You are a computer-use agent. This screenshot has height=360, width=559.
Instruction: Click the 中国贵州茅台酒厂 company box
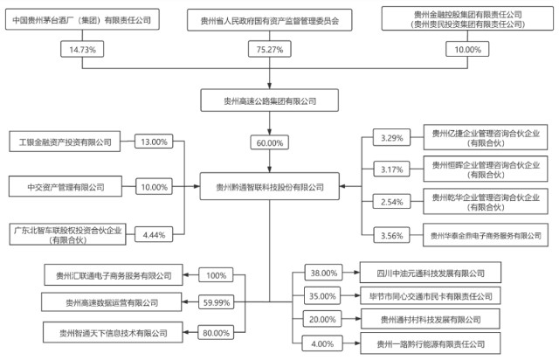pyautogui.click(x=82, y=19)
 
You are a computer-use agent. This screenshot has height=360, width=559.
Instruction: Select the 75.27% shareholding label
pyautogui.click(x=270, y=49)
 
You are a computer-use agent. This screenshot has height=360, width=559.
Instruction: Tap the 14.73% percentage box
pyautogui.click(x=82, y=49)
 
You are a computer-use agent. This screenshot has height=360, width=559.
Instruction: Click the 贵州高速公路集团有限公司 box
pyautogui.click(x=270, y=100)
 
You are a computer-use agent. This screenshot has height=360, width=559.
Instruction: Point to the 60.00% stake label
pyautogui.click(x=270, y=142)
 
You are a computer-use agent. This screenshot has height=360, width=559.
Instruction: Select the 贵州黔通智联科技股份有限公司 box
pyautogui.click(x=270, y=186)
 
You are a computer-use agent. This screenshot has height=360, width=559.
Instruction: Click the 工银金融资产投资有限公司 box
pyautogui.click(x=65, y=142)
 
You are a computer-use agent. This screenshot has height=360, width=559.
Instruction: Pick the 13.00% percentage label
pyautogui.click(x=154, y=142)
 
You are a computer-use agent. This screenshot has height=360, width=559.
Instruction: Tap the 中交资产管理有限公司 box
pyautogui.click(x=66, y=186)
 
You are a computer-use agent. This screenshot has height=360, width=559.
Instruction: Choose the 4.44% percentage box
pyautogui.click(x=154, y=234)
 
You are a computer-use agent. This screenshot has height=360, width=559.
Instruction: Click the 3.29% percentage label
pyautogui.click(x=392, y=137)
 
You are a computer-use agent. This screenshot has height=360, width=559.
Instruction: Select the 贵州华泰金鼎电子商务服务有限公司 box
pyautogui.click(x=486, y=235)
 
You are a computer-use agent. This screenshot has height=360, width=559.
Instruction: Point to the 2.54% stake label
pyautogui.click(x=392, y=202)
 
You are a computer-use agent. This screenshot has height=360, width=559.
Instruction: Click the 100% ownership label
pyautogui.click(x=216, y=275)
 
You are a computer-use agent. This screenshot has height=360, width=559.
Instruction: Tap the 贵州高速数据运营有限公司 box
pyautogui.click(x=112, y=302)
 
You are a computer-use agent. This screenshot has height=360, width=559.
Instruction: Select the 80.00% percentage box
pyautogui.click(x=216, y=333)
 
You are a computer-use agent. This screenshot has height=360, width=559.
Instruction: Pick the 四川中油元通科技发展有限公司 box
pyautogui.click(x=431, y=273)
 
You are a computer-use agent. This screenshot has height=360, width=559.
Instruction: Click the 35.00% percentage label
pyautogui.click(x=322, y=296)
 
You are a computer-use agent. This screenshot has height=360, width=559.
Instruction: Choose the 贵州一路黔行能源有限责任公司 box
pyautogui.click(x=431, y=343)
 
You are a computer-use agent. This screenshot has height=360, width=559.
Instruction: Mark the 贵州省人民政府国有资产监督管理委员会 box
pyautogui.click(x=270, y=20)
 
